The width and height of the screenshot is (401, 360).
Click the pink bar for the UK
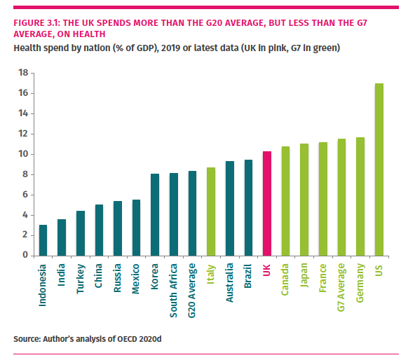pos(267,203)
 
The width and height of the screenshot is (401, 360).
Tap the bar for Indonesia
pos(43,240)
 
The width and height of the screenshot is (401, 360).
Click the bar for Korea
pos(155,214)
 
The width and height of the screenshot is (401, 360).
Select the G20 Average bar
pos(192,213)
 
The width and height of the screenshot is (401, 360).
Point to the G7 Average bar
pos(342,197)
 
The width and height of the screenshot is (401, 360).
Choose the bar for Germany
pos(360,196)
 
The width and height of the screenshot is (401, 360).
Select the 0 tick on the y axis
pos(25,256)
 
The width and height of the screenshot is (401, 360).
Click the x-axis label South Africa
pos(174,285)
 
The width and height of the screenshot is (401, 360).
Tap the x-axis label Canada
pos(286,279)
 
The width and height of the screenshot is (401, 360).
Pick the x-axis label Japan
pos(305,277)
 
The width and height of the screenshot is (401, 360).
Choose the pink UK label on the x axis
pos(267,270)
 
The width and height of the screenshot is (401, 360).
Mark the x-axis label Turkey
pos(81,277)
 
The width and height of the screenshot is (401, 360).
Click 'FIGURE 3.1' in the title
pos(38,22)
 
